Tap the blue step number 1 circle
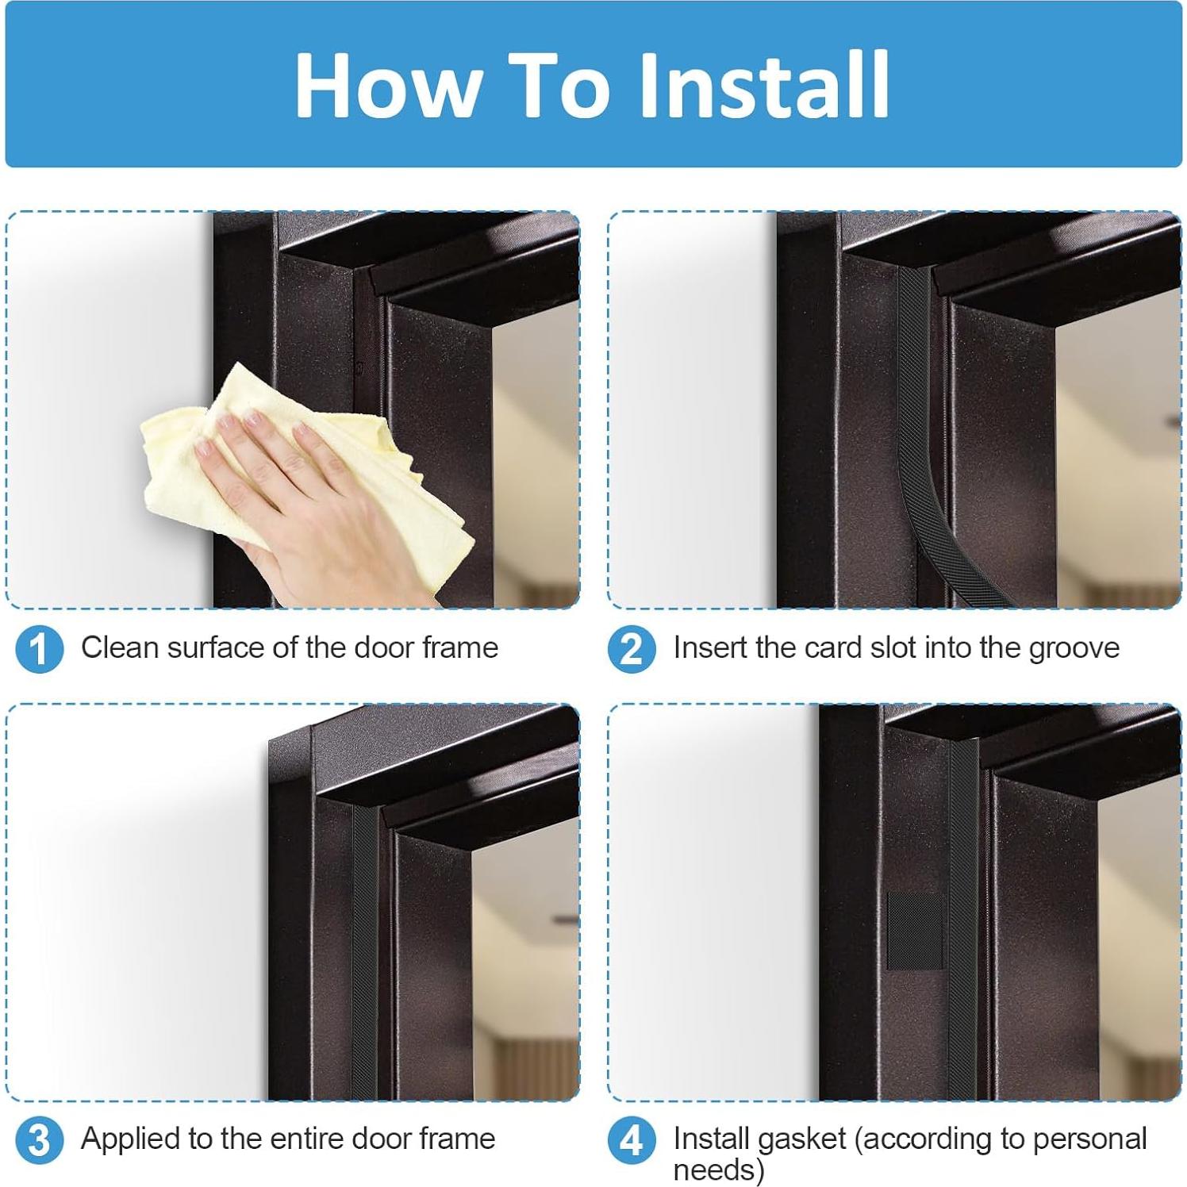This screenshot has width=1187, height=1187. pyautogui.click(x=39, y=649)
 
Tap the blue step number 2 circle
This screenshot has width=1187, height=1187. pyautogui.click(x=632, y=649)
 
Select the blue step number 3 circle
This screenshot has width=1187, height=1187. pyautogui.click(x=39, y=1141)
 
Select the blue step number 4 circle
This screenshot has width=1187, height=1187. pyautogui.click(x=632, y=1141)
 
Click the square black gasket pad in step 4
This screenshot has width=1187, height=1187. pyautogui.click(x=914, y=930)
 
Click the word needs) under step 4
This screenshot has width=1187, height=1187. pyautogui.click(x=719, y=1170)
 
